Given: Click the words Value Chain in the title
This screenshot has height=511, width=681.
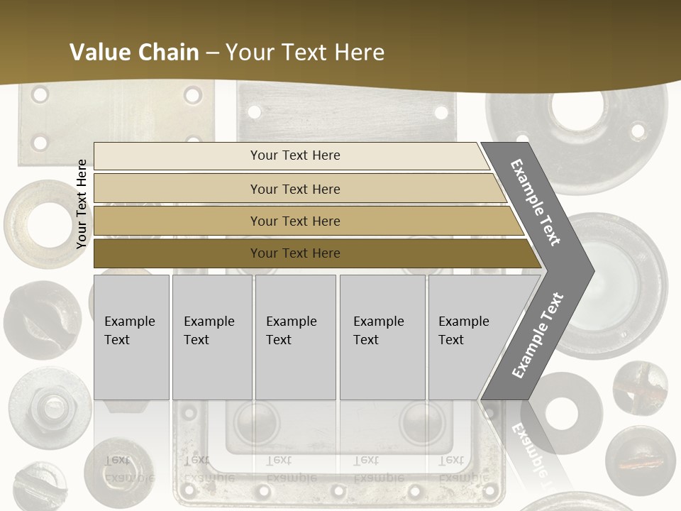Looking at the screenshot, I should coord(134,53).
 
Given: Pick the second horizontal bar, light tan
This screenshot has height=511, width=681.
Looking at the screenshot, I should coord(295,189).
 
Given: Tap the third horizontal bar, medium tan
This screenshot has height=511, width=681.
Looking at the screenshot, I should coord(295,221).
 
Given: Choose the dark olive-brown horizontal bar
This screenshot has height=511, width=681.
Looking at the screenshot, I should coord(295,253).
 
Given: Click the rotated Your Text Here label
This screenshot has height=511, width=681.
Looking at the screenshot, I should coord(82,204).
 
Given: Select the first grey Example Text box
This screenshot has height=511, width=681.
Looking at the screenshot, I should coord(131,337).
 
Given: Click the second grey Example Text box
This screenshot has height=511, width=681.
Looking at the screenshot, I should coord(211,337).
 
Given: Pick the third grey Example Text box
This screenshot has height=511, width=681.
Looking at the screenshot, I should coord(295,337).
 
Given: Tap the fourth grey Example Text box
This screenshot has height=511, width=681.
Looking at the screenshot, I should coord(383,337).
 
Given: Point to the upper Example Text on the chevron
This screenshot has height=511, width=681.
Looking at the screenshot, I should coord(536,202).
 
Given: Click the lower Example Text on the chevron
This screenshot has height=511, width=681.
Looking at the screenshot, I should coord(537,336).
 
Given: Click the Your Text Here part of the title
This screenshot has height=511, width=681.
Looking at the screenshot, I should coord(305,53).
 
